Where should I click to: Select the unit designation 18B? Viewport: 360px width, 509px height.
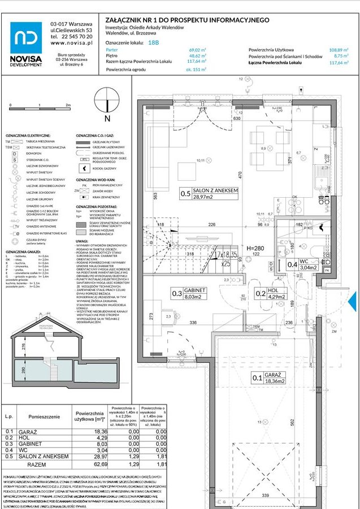click(153, 42)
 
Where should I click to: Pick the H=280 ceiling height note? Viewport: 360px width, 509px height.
click(257, 248)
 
